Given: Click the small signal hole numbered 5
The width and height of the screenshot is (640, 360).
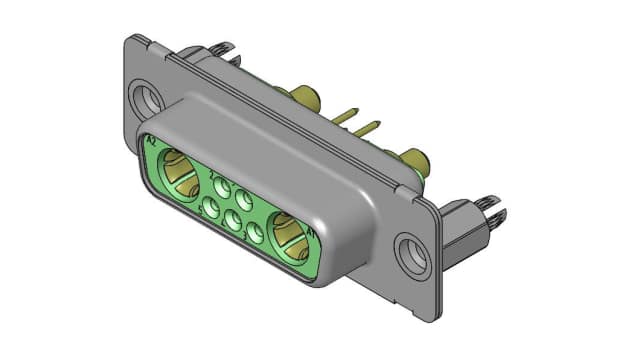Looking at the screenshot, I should point(211,208).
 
